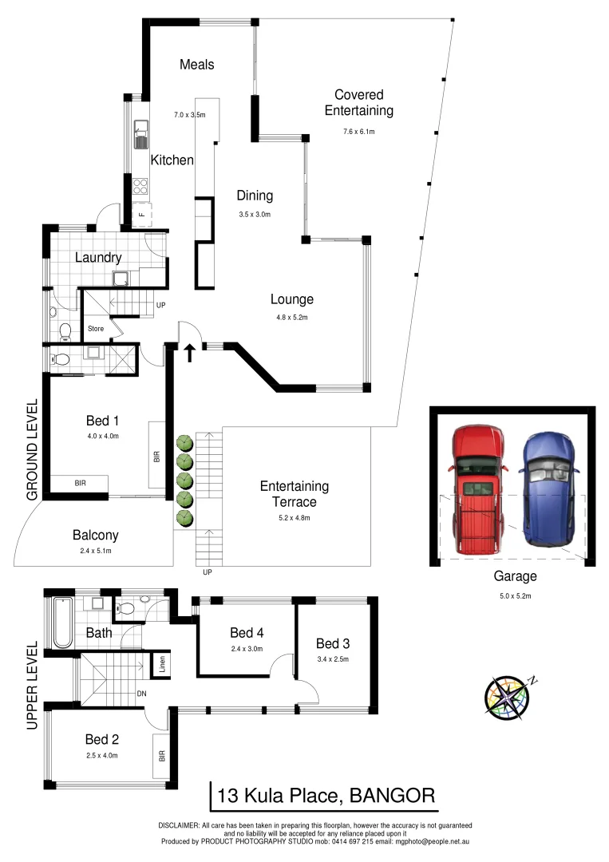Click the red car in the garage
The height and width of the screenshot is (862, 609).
[477, 490]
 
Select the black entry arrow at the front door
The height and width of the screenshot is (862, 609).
[189, 353]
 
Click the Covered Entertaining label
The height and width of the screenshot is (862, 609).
[358, 103]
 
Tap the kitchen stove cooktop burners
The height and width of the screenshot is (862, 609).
[141, 186]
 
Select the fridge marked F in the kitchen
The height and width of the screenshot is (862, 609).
[141, 214]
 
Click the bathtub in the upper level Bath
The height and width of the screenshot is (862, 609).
[61, 623]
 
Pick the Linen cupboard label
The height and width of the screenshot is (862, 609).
[162, 664]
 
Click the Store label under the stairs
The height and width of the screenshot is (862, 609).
[96, 328]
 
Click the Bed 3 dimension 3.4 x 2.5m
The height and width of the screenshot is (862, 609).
[334, 659]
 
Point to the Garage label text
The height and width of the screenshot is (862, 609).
[514, 575]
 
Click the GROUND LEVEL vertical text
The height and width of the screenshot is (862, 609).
[33, 450]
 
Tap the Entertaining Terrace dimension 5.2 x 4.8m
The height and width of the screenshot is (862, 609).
[294, 517]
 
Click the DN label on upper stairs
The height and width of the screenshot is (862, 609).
[141, 693]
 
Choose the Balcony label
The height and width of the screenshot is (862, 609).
[95, 536]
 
